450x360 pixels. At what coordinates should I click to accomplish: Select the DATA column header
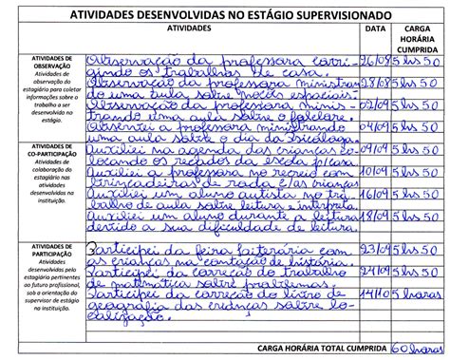click(375, 29)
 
